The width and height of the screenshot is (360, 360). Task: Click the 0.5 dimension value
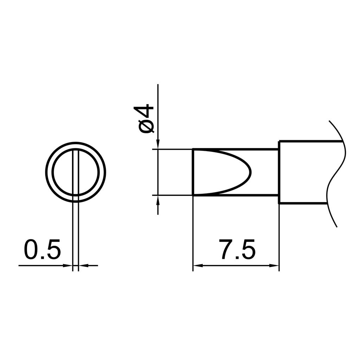coord(42,249)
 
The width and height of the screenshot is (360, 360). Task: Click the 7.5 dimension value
coord(237,249)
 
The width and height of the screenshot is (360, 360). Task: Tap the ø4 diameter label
coord(146,119)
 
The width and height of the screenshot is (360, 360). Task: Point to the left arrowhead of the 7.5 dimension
coord(198,266)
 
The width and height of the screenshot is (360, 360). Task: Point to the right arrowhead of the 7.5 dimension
coord(274,266)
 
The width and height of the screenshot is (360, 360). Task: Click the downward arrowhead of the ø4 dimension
coord(158,144)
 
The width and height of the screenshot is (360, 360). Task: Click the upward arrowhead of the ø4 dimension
coord(158,200)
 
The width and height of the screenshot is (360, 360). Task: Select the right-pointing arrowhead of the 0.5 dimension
coord(68,266)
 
